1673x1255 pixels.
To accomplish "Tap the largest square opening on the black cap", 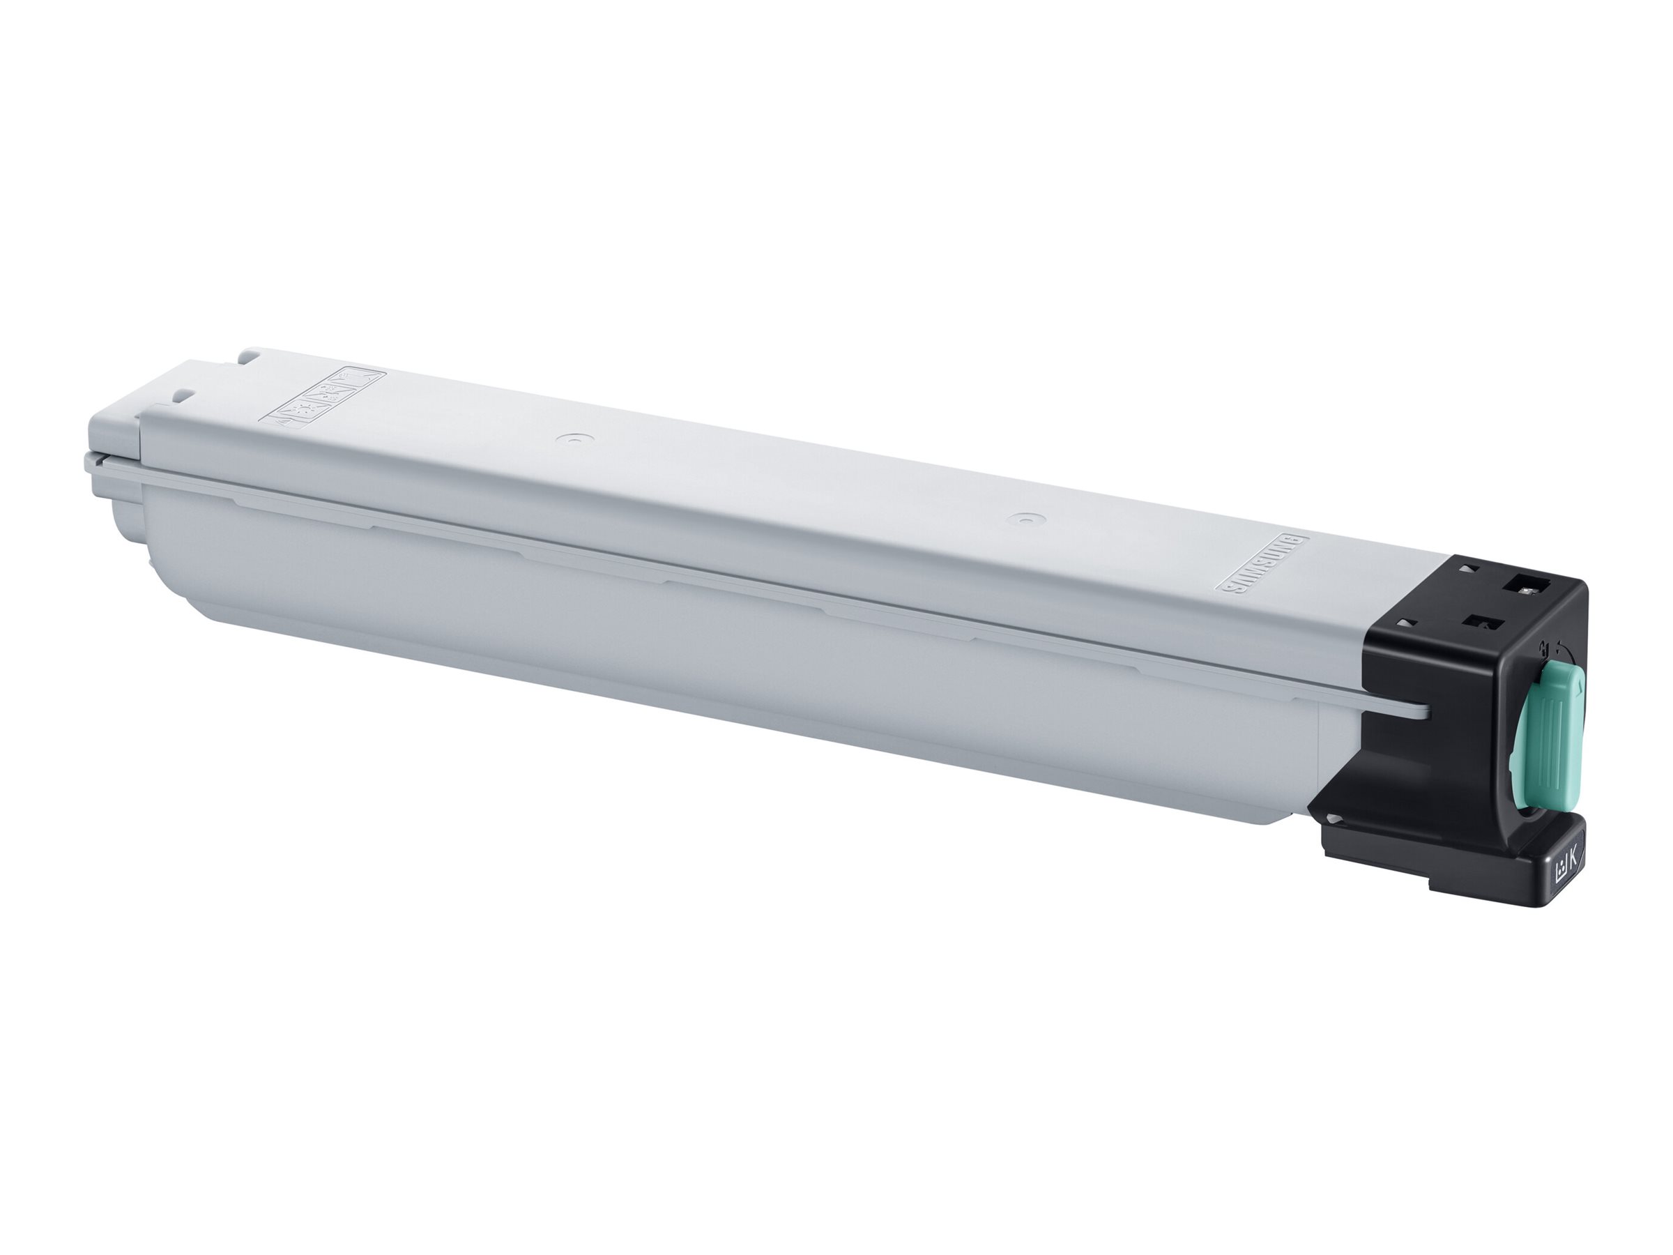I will point(1527,586).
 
